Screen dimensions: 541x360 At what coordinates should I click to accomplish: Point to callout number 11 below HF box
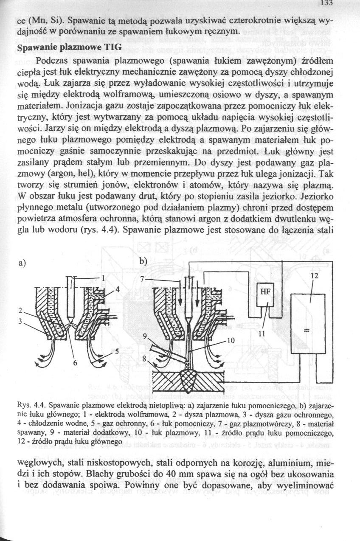tap(262, 333)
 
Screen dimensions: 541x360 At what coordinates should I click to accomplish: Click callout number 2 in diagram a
tap(20, 310)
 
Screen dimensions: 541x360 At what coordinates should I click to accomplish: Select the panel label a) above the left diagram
tap(20, 263)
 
